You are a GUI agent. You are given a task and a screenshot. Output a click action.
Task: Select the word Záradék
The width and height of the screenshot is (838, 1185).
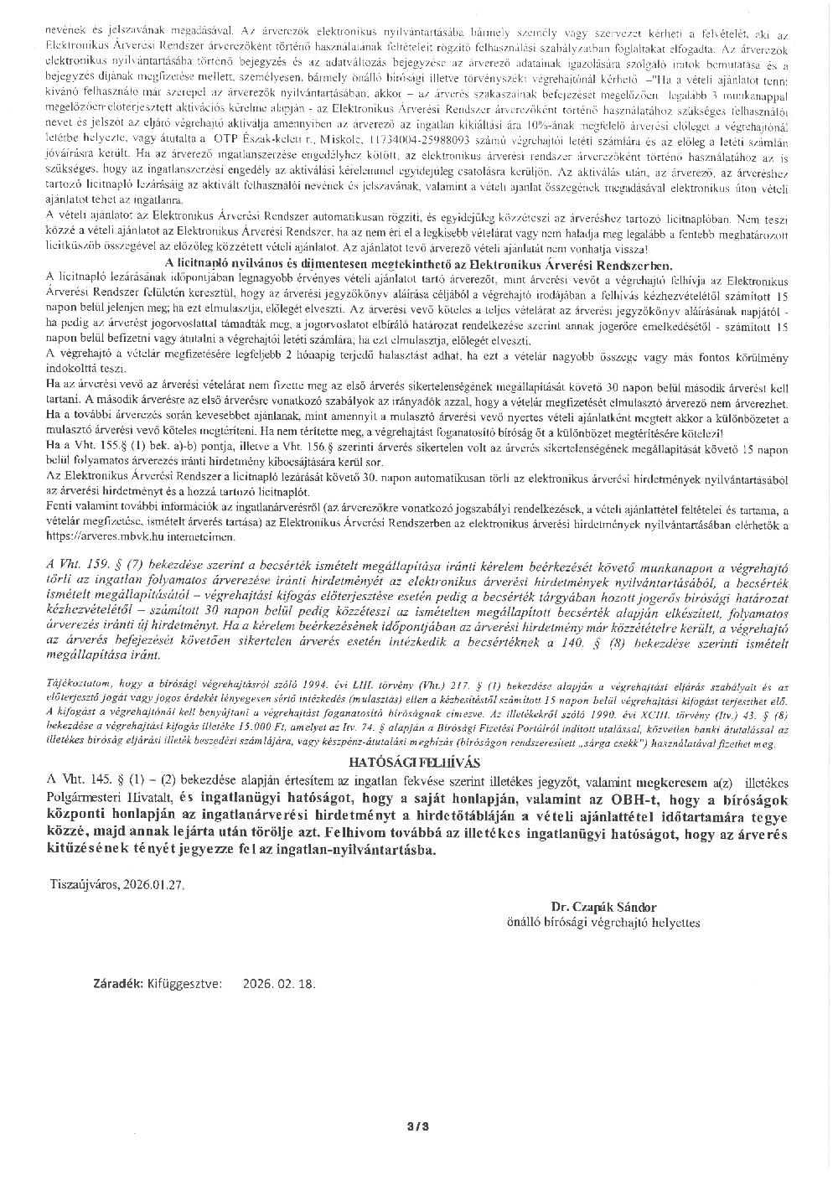click(117, 984)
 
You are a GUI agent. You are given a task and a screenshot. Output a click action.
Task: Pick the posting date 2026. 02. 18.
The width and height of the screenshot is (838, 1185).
click(279, 984)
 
